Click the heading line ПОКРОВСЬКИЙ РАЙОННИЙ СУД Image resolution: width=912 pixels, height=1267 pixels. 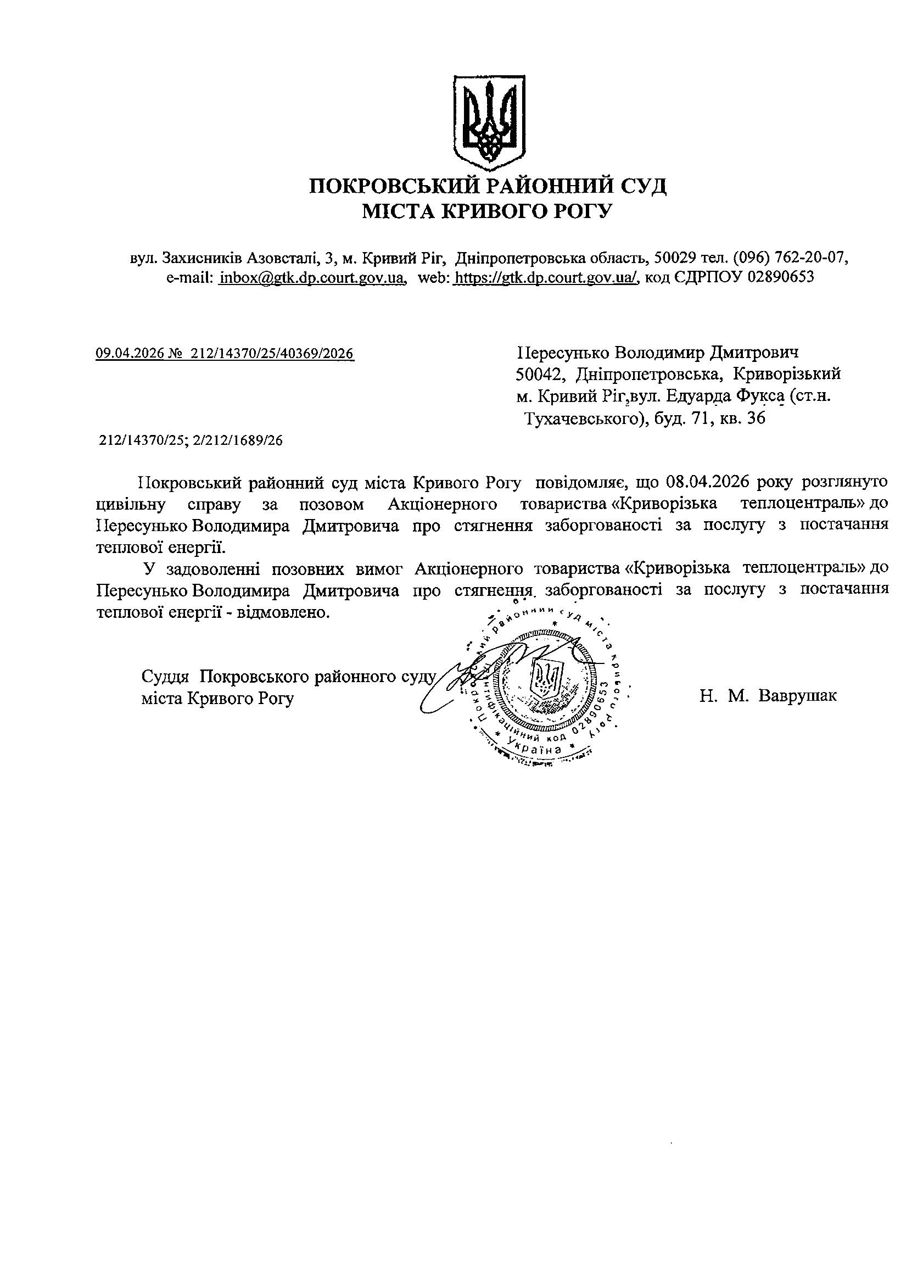click(x=488, y=186)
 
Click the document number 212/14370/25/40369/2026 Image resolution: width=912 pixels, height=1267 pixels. click(x=272, y=354)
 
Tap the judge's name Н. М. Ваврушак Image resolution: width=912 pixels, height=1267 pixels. click(x=768, y=696)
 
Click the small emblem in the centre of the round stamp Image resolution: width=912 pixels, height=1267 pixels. click(x=547, y=678)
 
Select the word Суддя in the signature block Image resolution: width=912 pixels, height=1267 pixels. click(x=165, y=677)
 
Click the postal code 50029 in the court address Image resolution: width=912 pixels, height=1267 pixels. click(x=675, y=257)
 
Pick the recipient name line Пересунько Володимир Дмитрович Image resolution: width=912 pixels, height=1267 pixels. click(x=657, y=353)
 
